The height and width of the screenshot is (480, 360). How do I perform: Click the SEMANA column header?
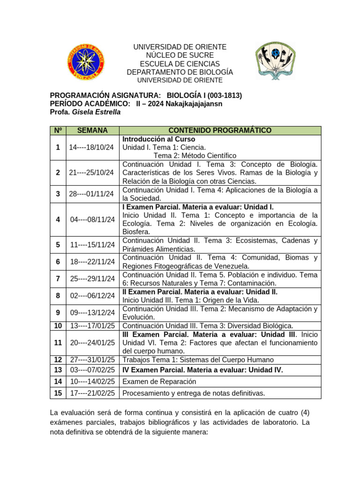pyautogui.click(x=92, y=130)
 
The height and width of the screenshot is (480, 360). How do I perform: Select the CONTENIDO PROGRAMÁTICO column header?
pyautogui.click(x=220, y=130)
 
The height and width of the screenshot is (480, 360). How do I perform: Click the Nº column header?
pyautogui.click(x=58, y=130)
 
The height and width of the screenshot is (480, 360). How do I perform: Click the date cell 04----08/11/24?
pyautogui.click(x=92, y=219)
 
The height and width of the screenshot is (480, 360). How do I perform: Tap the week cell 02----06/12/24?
pyautogui.click(x=92, y=296)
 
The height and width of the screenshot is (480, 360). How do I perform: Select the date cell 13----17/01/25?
pyautogui.click(x=92, y=325)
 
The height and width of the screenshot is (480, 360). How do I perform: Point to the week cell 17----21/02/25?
pyautogui.click(x=92, y=393)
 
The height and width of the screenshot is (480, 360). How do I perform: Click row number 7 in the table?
pyautogui.click(x=58, y=278)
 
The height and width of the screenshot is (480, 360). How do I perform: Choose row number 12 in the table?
pyautogui.click(x=58, y=360)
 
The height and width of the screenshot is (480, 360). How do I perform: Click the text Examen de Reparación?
pyautogui.click(x=159, y=382)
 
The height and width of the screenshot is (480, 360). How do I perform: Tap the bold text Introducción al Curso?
pyautogui.click(x=158, y=139)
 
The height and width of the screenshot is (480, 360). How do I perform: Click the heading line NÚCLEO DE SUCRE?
pyautogui.click(x=180, y=55)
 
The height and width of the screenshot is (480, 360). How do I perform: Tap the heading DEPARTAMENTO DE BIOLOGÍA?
pyautogui.click(x=180, y=72)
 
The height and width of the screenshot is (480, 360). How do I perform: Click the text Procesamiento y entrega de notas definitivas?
pyautogui.click(x=194, y=393)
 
